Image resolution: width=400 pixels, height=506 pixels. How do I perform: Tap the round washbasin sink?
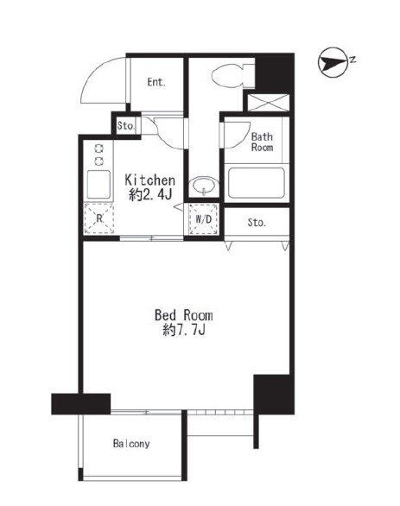click(x=204, y=186)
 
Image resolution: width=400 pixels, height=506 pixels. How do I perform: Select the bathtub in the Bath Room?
click(x=257, y=183)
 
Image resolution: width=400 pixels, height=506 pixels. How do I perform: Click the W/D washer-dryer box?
click(x=204, y=219)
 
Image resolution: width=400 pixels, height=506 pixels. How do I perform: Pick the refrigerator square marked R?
click(x=99, y=218)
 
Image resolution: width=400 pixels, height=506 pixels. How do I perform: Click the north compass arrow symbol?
click(x=333, y=63)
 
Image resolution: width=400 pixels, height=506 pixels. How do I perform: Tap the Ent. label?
click(x=156, y=82)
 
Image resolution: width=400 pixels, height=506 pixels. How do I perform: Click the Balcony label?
click(x=131, y=444)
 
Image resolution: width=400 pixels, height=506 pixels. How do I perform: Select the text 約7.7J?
click(x=184, y=330)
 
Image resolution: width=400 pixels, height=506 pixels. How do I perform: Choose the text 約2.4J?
click(x=150, y=195)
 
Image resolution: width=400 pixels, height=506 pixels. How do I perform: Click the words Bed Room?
click(x=184, y=315)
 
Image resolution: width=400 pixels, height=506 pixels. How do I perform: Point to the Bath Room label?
click(x=262, y=142)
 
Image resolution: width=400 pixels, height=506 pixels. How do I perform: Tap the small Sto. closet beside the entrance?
click(x=126, y=125)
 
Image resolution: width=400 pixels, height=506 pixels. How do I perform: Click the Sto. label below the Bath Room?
click(x=257, y=222)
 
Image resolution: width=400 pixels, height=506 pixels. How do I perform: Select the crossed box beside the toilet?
click(x=269, y=103)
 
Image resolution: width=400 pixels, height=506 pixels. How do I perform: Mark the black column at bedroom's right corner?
click(x=274, y=395)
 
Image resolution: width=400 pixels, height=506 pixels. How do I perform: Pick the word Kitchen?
click(x=150, y=180)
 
